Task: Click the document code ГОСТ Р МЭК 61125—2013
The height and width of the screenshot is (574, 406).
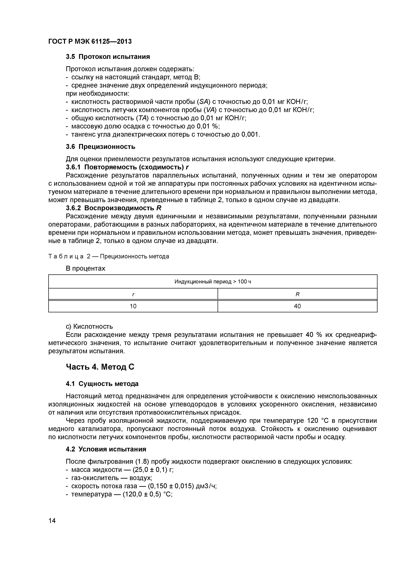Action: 90,42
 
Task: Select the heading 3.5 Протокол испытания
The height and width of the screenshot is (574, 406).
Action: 108,57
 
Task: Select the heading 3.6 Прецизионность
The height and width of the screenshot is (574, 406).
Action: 100,147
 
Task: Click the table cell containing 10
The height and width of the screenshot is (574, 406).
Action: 133,306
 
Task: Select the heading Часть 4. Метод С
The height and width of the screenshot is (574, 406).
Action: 100,367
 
